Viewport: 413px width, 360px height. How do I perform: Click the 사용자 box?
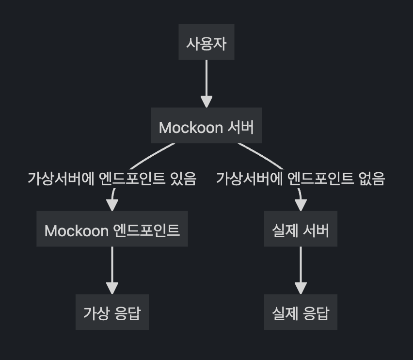pos(206,43)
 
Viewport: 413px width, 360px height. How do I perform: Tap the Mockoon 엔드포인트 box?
pos(112,229)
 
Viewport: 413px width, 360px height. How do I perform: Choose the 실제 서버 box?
pos(301,229)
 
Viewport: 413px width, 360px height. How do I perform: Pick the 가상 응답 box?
pos(112,312)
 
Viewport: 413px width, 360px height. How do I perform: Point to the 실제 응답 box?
pos(301,312)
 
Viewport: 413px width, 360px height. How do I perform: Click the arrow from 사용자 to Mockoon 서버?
pos(206,80)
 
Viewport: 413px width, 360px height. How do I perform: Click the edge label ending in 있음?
pos(112,179)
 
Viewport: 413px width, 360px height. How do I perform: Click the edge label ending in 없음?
pos(301,179)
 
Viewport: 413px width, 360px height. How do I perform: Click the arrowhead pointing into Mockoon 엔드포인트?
pos(112,205)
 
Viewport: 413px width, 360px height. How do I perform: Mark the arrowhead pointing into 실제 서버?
pos(301,205)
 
